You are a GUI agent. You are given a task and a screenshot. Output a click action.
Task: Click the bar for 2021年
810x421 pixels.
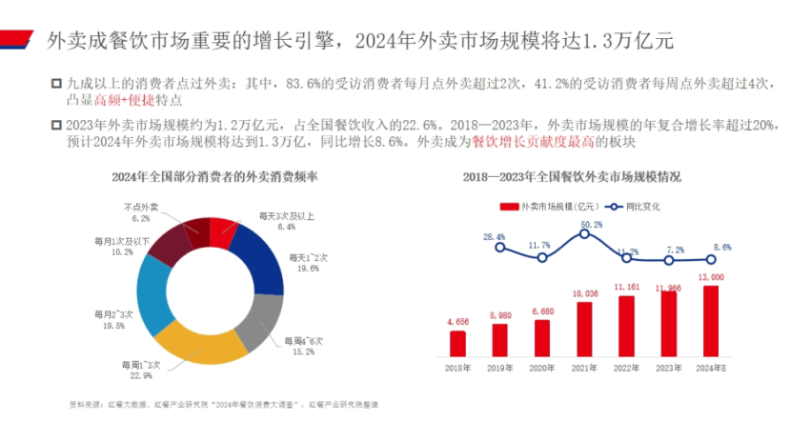584,330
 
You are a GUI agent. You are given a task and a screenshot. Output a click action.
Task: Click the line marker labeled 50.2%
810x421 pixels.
584,233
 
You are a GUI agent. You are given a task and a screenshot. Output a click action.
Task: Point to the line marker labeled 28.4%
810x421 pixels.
500,248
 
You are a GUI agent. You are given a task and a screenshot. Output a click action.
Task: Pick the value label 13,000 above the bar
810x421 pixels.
711,277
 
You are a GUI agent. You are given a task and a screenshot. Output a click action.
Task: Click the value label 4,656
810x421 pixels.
458,323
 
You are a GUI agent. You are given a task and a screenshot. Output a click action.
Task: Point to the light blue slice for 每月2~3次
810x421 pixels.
152,290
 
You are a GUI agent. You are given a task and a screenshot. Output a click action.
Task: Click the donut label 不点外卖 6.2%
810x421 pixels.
141,212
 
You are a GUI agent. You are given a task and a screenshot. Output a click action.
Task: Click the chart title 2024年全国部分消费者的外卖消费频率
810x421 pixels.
214,177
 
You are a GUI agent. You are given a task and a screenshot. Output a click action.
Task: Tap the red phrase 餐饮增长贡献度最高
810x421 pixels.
529,142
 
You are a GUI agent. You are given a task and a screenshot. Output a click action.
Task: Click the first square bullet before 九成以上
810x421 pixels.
57,84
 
